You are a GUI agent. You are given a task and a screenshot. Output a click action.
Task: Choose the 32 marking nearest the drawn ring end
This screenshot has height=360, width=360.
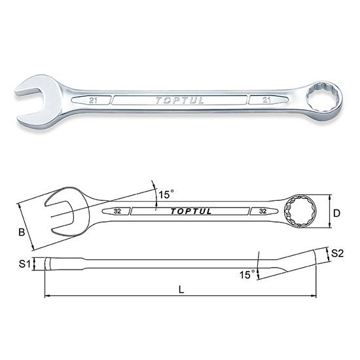(x=262, y=211)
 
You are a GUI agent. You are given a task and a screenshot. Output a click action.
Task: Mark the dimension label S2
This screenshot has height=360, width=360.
(x=338, y=253)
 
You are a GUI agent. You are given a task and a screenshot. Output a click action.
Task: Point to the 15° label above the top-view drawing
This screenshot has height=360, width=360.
(x=167, y=194)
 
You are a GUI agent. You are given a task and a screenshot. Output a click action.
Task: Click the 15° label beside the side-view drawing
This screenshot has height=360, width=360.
(x=247, y=276)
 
